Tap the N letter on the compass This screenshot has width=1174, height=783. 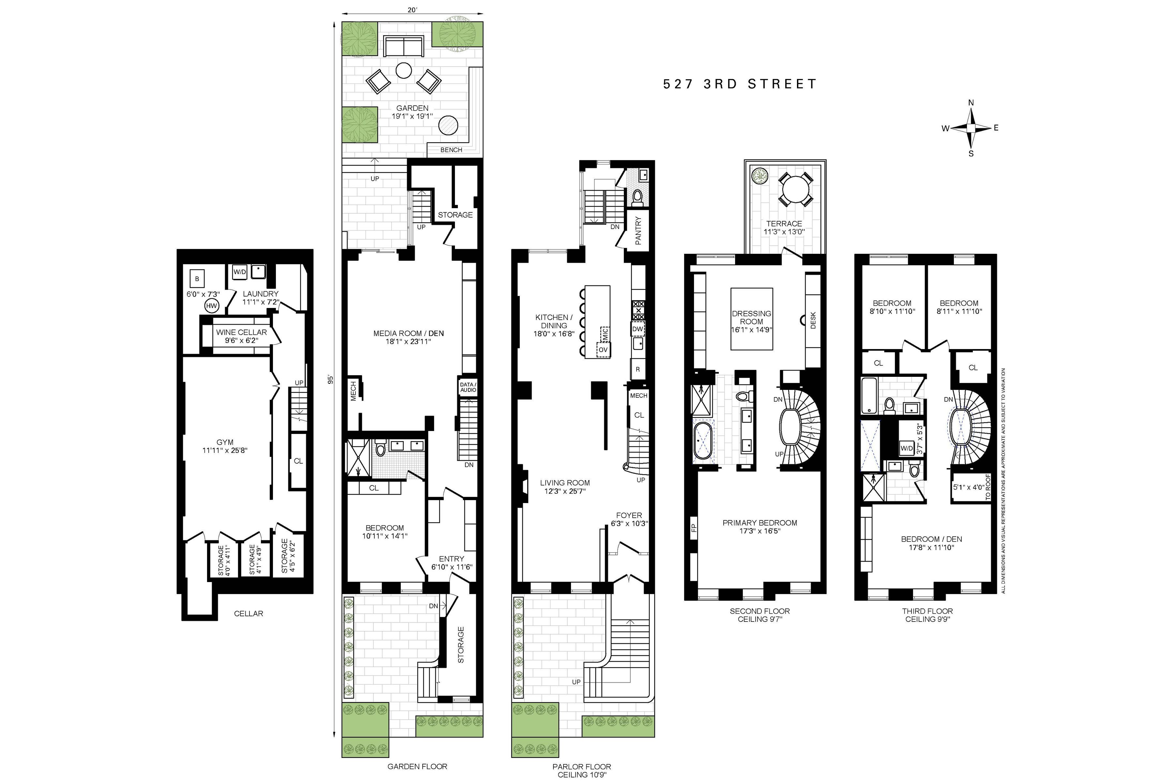click(x=971, y=103)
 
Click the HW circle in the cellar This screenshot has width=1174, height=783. click(x=212, y=306)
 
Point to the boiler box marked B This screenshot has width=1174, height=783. click(x=197, y=279)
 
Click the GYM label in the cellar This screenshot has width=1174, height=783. click(x=225, y=442)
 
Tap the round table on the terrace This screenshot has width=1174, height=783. click(x=795, y=189)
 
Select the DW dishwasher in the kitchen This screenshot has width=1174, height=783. click(x=638, y=329)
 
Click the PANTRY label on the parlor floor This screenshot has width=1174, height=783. click(x=638, y=230)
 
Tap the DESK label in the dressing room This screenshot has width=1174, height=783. click(x=813, y=320)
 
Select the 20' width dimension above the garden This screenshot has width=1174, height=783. click(x=412, y=10)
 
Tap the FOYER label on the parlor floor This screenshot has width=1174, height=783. click(x=629, y=515)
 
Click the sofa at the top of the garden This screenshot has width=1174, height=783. click(x=403, y=46)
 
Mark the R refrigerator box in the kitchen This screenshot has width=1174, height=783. click(x=638, y=370)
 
